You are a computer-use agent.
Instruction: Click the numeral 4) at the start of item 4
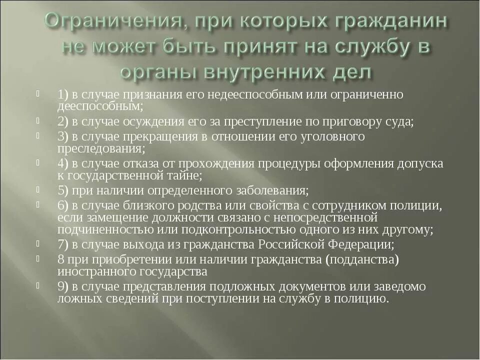[63, 164]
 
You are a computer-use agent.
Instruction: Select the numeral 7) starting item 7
[63, 244]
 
